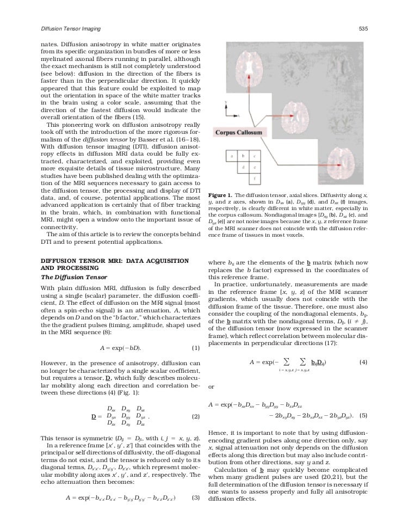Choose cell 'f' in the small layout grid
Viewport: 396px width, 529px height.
coord(255,179)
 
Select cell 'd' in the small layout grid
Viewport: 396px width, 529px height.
coord(244,168)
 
